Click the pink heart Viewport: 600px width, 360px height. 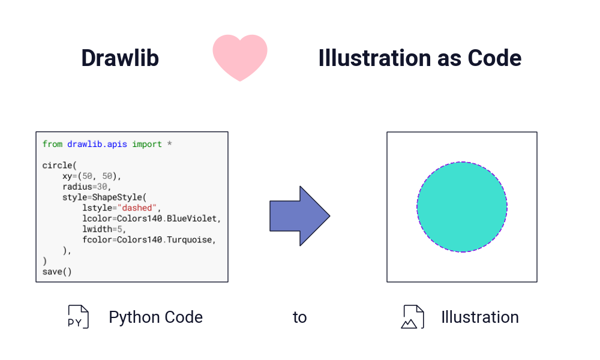[240, 58]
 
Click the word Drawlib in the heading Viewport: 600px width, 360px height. [120, 58]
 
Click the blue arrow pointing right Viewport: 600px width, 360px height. [299, 216]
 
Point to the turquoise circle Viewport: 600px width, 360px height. [462, 207]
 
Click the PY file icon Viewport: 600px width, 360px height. [78, 317]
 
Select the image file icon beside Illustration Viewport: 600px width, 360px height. [413, 317]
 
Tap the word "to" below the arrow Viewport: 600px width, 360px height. [299, 317]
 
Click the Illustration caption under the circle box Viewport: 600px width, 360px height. [480, 317]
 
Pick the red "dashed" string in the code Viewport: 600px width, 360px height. [137, 208]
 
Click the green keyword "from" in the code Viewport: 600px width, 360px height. [52, 144]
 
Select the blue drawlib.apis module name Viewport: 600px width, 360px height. [97, 144]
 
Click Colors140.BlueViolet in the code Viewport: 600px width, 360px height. [167, 218]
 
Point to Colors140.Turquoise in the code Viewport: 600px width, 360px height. [164, 240]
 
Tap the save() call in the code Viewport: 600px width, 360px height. [57, 272]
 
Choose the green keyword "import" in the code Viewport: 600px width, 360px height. [147, 145]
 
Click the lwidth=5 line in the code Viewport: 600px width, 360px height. [104, 229]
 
